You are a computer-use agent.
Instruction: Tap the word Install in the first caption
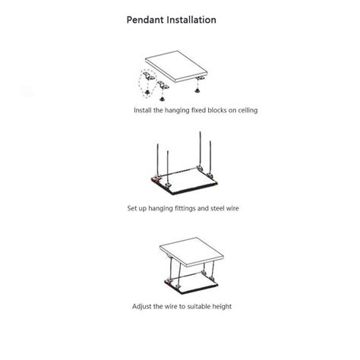tap(143, 110)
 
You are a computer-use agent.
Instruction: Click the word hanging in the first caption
tap(177, 110)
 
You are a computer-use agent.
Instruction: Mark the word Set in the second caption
tap(132, 207)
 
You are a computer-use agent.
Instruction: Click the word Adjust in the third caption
tap(143, 306)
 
